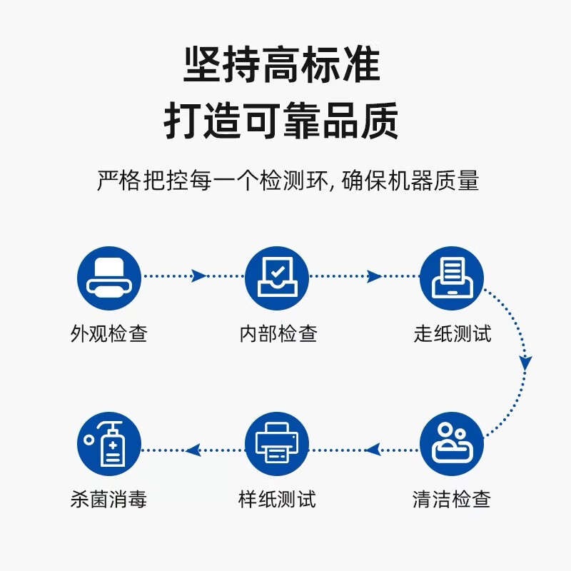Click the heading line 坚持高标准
click(x=282, y=64)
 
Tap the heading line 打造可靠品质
click(x=281, y=120)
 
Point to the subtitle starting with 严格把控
click(x=288, y=181)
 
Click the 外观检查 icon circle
click(x=109, y=278)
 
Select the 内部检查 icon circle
click(x=277, y=278)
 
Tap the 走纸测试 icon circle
click(x=452, y=278)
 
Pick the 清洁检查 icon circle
click(x=452, y=444)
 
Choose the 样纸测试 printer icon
click(x=277, y=444)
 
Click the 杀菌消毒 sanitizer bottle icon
click(x=109, y=444)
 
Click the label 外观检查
click(x=109, y=333)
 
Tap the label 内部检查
click(x=278, y=333)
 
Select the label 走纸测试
click(x=453, y=333)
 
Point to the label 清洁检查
click(x=452, y=499)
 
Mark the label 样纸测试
click(x=277, y=499)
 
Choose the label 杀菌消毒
click(x=108, y=499)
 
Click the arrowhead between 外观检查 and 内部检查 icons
click(x=198, y=276)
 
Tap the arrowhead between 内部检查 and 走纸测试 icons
click(x=373, y=276)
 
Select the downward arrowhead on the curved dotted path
click(x=525, y=363)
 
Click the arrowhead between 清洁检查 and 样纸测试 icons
click(x=373, y=450)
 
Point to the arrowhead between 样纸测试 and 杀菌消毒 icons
click(x=193, y=450)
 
